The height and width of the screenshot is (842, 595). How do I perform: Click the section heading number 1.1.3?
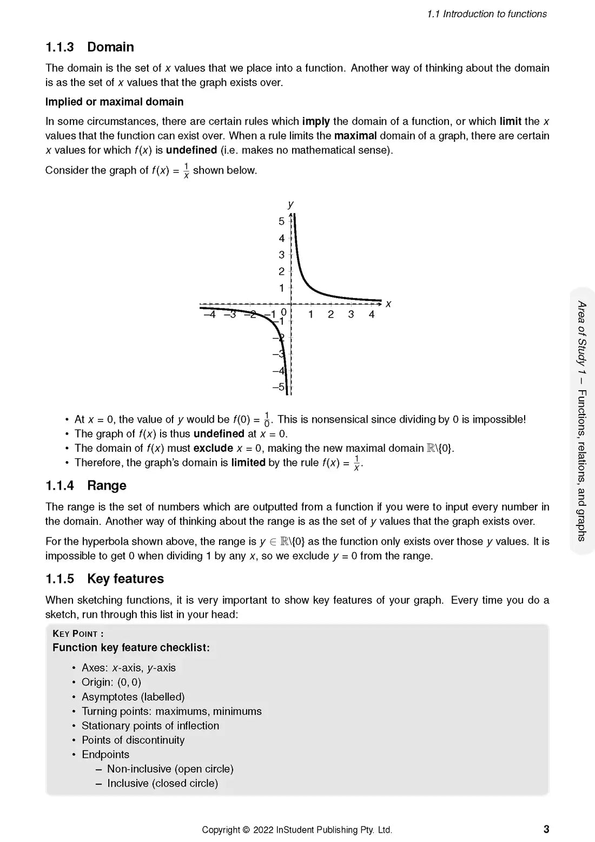coord(59,47)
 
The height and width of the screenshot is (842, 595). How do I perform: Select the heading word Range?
coord(107,485)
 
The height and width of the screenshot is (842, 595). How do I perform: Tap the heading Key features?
coord(125,578)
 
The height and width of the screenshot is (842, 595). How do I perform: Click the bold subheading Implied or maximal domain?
coord(114,102)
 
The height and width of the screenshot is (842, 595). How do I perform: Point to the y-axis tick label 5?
coord(281,221)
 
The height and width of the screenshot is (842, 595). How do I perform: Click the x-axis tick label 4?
coord(372,314)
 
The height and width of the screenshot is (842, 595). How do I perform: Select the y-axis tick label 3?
coord(281,254)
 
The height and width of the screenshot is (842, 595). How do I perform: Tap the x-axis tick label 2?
coord(330,314)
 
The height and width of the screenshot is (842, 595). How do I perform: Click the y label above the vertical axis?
coord(291,204)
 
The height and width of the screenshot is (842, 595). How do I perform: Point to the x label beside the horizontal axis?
coord(388,304)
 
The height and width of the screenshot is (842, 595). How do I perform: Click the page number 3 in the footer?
coord(546,829)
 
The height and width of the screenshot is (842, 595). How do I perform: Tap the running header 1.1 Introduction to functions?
coord(487,14)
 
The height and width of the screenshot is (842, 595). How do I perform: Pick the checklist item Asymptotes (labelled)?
coord(133,696)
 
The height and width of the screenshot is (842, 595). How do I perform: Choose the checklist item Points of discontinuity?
coord(133,740)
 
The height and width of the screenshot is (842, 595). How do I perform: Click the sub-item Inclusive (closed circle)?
coord(162,783)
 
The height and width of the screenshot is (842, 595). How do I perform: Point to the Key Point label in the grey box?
coord(78,634)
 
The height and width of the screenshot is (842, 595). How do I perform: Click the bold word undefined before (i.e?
coord(191,150)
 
